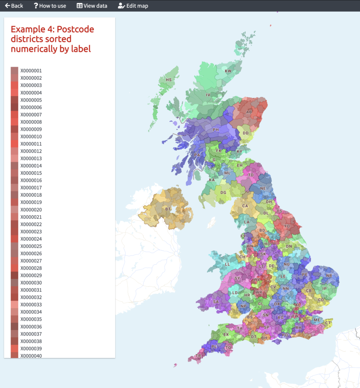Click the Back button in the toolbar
point(14,6)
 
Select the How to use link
point(50,6)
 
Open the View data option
point(92,6)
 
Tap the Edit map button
point(133,6)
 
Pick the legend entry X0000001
point(31,71)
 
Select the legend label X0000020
point(31,210)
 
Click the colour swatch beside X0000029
point(14,275)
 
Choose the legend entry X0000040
point(31,356)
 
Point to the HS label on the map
point(168,80)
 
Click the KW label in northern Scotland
point(228,71)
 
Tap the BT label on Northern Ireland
point(168,209)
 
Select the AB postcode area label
point(249,112)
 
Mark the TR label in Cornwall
point(198,356)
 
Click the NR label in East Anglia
point(329,275)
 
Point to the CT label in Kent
point(328,323)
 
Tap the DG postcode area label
point(223,192)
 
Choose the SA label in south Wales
point(216,302)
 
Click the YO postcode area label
point(287,226)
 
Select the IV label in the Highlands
point(208,95)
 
